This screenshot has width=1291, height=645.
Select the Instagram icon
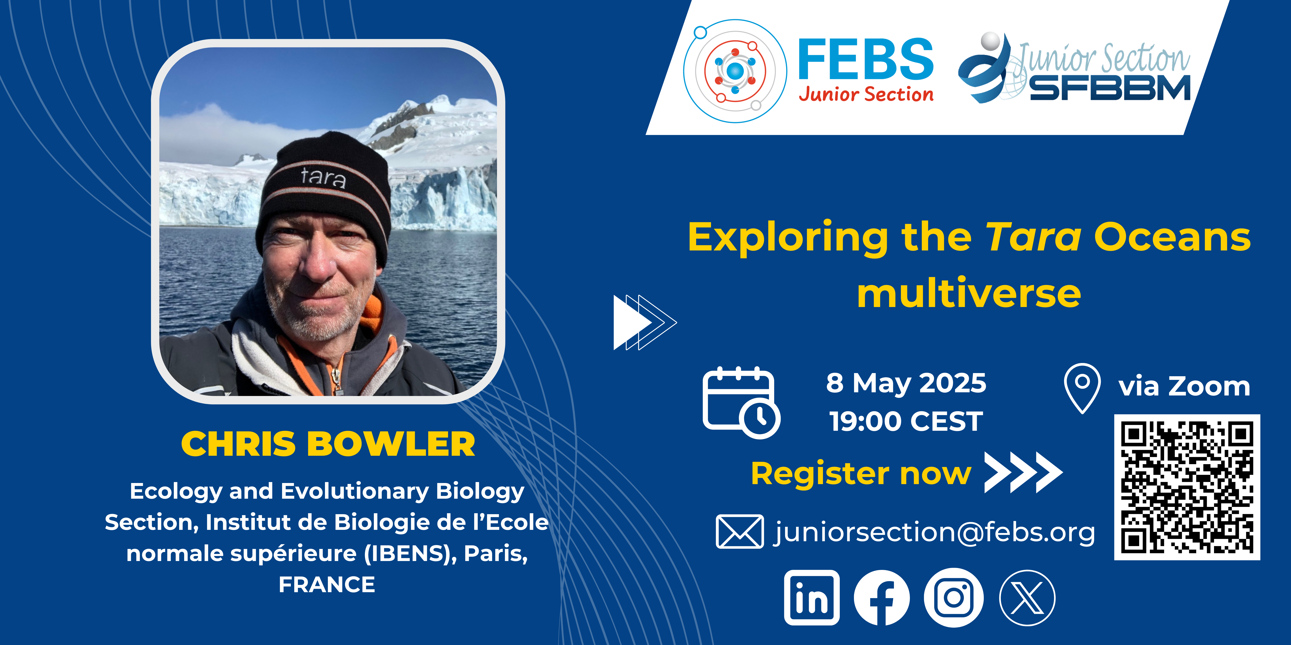[954, 597]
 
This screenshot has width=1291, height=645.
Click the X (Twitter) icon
[1027, 597]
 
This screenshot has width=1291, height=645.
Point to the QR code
[1187, 487]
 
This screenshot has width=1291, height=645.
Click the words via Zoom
[1184, 387]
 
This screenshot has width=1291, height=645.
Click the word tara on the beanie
[323, 177]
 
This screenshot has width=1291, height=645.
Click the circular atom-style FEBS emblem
[735, 71]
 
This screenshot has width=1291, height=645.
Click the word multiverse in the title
[969, 294]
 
